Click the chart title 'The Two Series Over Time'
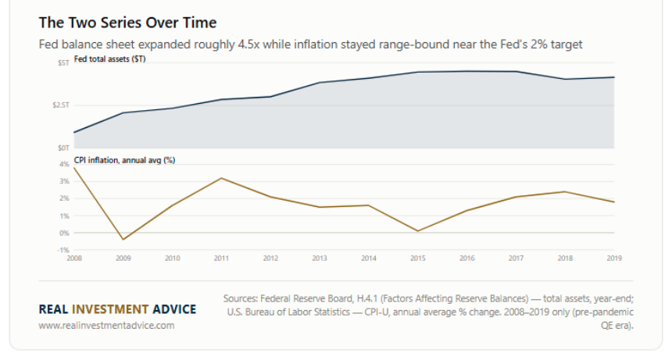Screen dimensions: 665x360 click(x=127, y=23)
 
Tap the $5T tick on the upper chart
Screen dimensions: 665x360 click(x=63, y=62)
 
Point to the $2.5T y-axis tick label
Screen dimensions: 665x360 click(x=61, y=105)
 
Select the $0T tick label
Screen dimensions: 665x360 click(x=63, y=148)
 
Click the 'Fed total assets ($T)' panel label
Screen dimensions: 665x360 click(x=110, y=59)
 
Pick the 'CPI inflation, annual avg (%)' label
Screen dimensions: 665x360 click(x=125, y=160)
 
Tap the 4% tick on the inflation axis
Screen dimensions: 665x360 click(x=64, y=164)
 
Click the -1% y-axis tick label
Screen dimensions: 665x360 click(x=63, y=250)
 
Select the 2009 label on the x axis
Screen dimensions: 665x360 click(x=123, y=258)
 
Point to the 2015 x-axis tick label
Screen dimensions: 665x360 click(x=418, y=258)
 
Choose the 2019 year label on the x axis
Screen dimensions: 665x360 click(x=614, y=258)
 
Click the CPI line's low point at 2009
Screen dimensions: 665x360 click(x=123, y=240)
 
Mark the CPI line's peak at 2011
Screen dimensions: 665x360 click(x=221, y=178)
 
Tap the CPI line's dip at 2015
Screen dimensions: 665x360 click(x=418, y=231)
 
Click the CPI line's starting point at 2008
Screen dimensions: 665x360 click(x=74, y=168)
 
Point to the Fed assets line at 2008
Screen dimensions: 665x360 click(x=74, y=133)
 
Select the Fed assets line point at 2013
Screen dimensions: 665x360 click(x=320, y=82)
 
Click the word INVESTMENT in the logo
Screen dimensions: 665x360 click(x=110, y=309)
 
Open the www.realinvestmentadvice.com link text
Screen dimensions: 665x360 click(x=106, y=325)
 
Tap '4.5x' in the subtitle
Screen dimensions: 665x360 click(x=248, y=45)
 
